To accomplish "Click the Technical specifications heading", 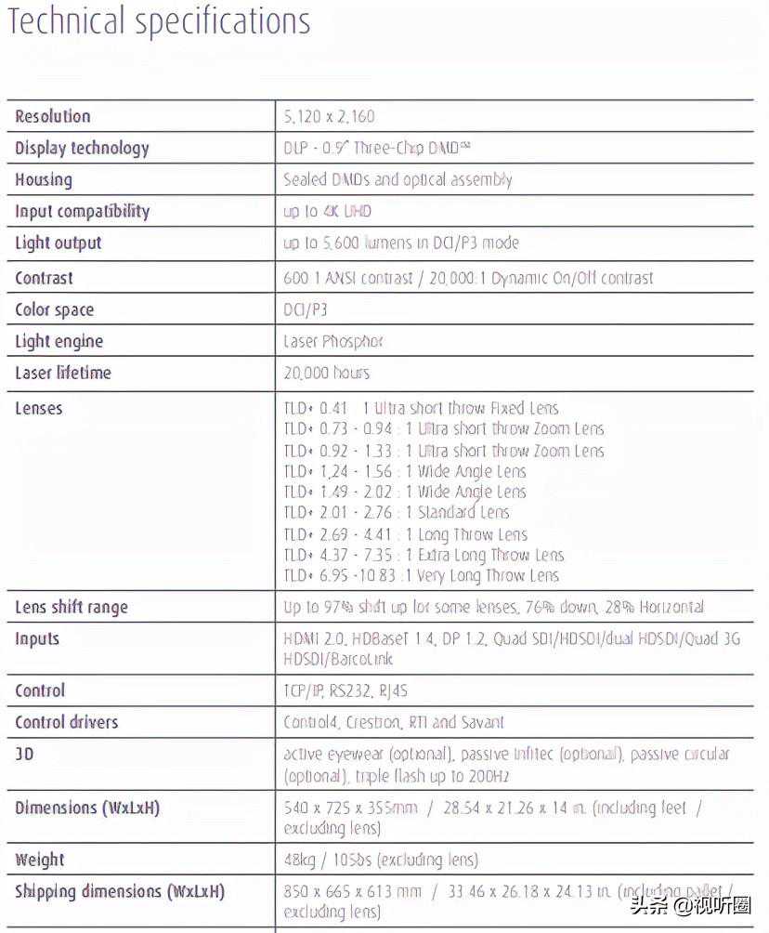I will click(159, 22).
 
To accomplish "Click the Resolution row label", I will click(53, 116).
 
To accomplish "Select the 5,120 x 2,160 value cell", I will click(330, 117).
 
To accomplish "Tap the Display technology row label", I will click(82, 148).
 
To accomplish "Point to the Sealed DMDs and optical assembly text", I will click(398, 179).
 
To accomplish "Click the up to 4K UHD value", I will click(327, 211).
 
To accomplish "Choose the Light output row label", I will click(59, 243).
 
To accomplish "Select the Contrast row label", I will click(44, 278).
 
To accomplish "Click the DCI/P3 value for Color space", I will click(306, 309).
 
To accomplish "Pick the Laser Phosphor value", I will click(333, 341).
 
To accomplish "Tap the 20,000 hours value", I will click(327, 373).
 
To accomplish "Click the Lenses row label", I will click(39, 408).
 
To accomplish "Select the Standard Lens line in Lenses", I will click(397, 512).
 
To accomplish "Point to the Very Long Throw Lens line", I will click(422, 575).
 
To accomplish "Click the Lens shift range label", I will click(72, 607).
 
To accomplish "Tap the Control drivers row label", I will click(67, 722).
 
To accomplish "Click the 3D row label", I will click(24, 754).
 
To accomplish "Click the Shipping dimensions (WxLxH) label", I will click(120, 891).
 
